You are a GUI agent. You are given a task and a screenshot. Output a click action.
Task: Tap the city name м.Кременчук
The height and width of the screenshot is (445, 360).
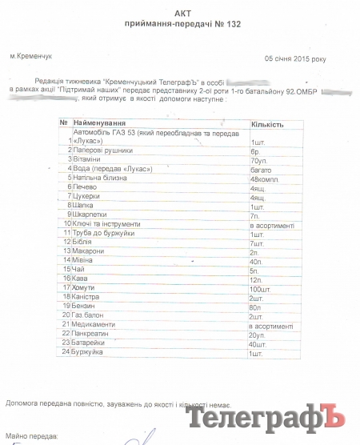30,58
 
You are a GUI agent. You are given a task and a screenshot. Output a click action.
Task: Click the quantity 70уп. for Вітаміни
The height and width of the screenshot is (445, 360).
258,159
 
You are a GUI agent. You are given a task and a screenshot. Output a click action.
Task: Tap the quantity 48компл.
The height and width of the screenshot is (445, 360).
264,178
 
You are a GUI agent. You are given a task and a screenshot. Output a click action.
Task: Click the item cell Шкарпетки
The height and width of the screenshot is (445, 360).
90,214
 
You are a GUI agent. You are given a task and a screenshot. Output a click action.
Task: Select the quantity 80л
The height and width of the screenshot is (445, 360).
256,306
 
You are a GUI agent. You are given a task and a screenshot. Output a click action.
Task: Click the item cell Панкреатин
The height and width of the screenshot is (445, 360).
92,334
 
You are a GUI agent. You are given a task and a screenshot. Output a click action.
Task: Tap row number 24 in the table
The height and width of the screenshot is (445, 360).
67,352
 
